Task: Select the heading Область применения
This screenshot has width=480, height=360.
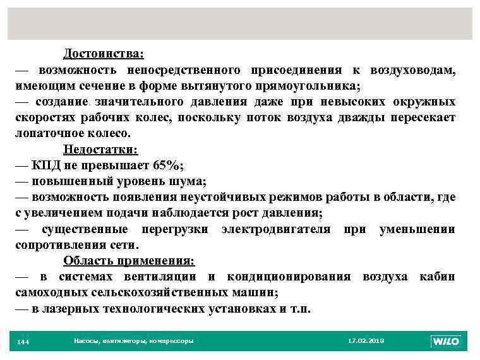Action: [129, 261]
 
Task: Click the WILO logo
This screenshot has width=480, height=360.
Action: [446, 341]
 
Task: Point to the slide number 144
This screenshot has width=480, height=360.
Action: [23, 342]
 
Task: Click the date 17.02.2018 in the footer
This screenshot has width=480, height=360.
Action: [366, 341]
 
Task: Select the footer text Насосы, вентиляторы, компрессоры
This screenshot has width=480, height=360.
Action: [133, 341]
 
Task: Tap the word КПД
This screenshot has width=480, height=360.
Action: [46, 165]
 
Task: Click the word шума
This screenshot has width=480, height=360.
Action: [187, 181]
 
